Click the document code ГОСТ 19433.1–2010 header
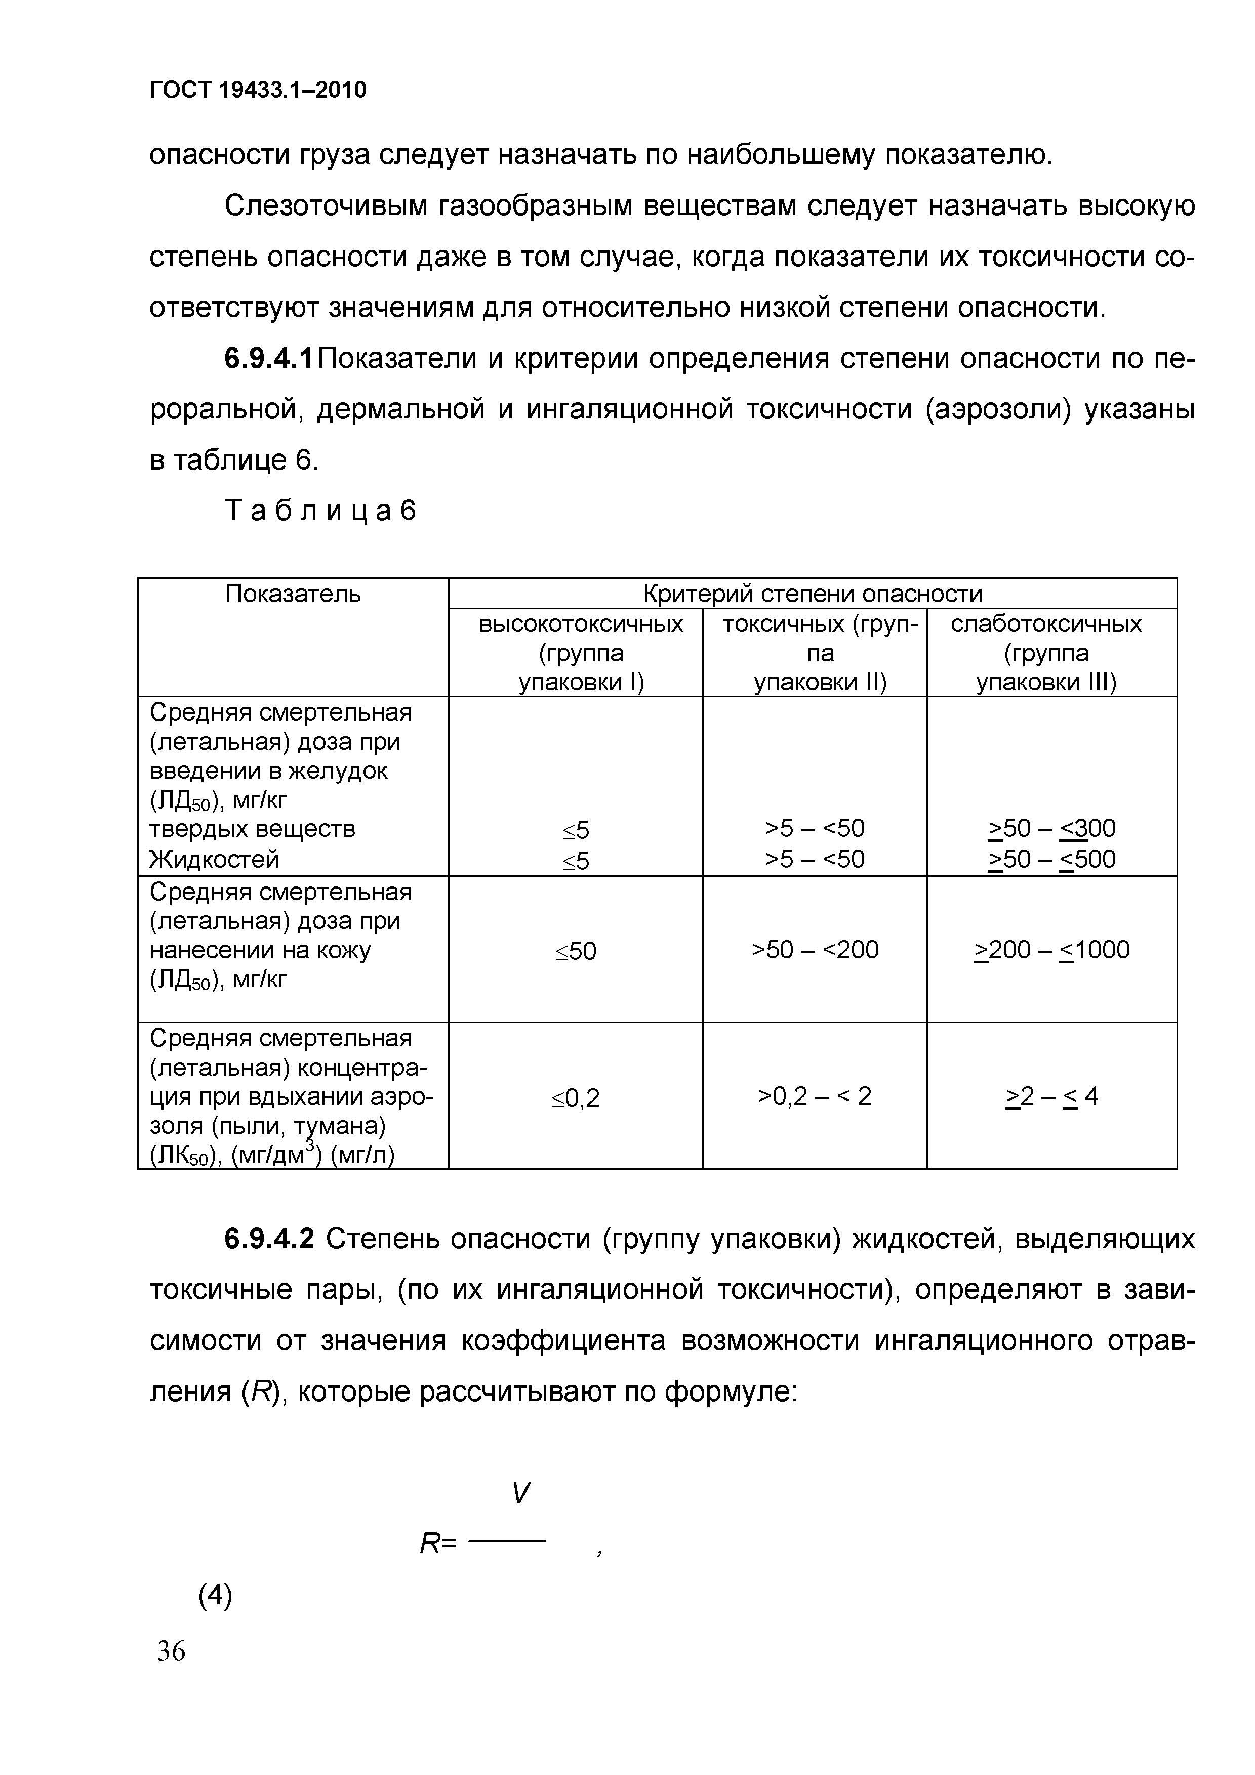pos(258,91)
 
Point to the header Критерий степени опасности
pos(812,594)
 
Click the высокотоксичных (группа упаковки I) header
pos(581,653)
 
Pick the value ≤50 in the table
pos(576,951)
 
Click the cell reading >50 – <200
pos(815,949)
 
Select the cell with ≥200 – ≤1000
pos(1051,949)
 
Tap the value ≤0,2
pos(576,1098)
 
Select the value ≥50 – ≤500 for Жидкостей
pos(1051,859)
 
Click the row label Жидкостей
pos(214,859)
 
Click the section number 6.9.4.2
pos(269,1239)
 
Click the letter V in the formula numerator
pos(521,1492)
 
